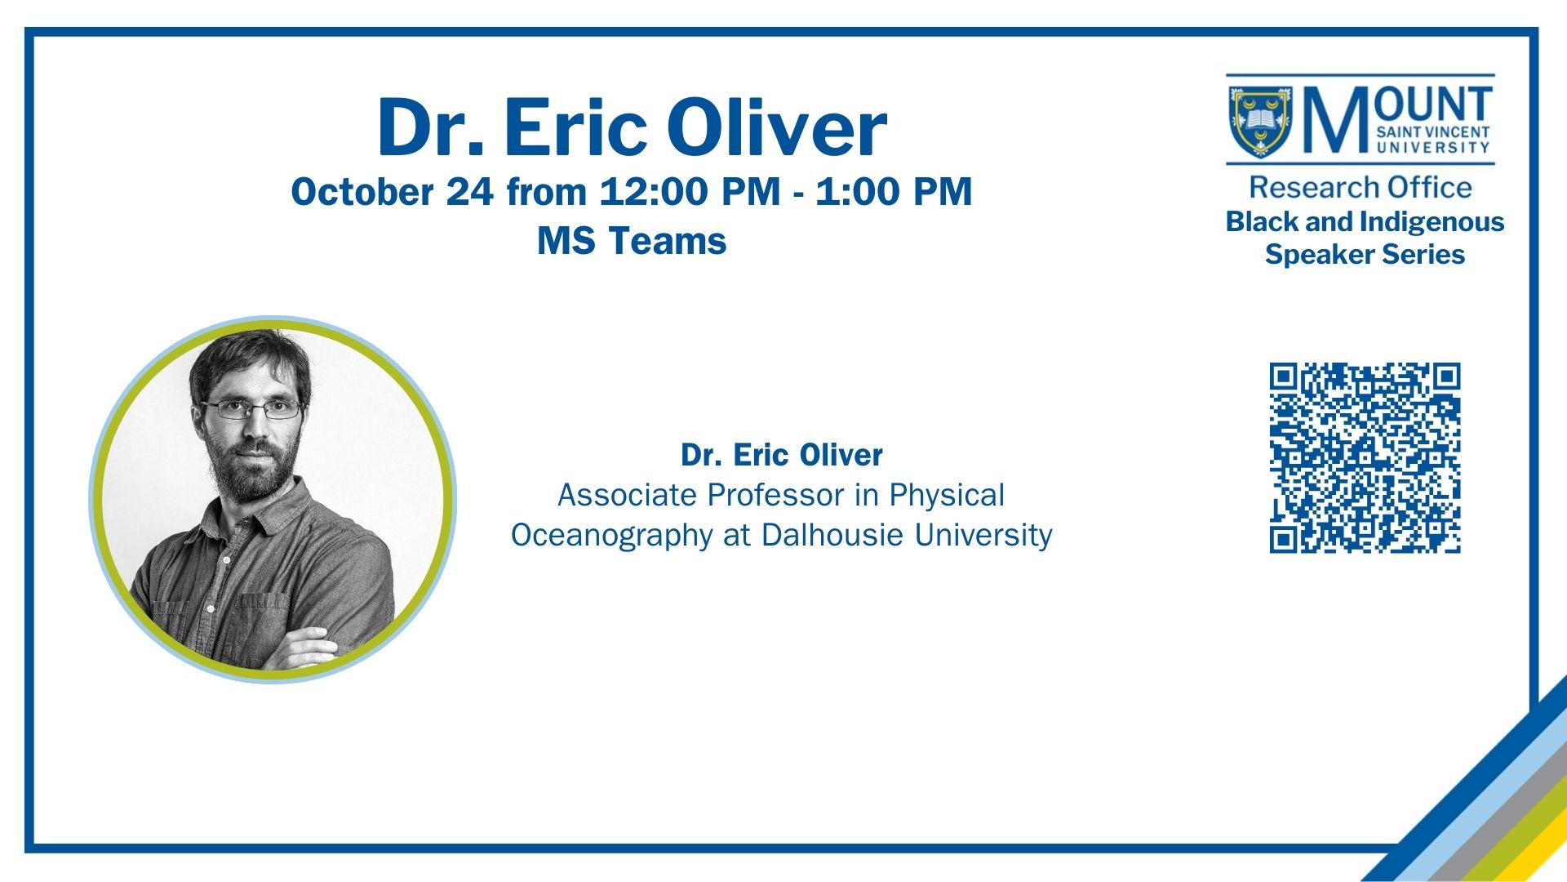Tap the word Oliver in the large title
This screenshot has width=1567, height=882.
(777, 128)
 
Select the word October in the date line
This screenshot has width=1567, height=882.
(362, 192)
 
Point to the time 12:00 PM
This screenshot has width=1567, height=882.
(690, 192)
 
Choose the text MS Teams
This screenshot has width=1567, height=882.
(632, 241)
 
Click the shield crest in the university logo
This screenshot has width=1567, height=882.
(1260, 122)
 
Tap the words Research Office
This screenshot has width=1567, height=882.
(1361, 187)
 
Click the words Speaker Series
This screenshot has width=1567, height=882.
(1365, 255)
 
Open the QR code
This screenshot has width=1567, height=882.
(1365, 458)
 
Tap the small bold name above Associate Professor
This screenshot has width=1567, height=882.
(782, 455)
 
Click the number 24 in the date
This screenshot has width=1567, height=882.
(470, 192)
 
